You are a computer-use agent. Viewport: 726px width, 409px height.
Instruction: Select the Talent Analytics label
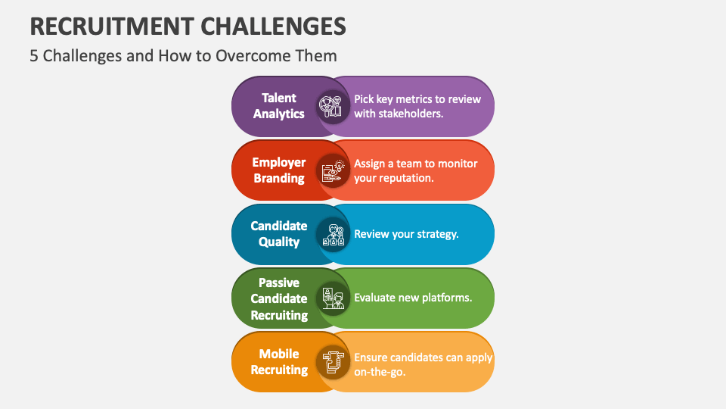click(279, 106)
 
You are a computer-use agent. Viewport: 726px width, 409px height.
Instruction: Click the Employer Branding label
click(279, 170)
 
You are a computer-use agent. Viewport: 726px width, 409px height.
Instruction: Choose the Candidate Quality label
click(279, 234)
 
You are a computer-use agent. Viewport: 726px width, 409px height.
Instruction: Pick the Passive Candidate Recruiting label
click(279, 298)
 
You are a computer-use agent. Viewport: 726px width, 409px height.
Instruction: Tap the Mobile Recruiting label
click(279, 362)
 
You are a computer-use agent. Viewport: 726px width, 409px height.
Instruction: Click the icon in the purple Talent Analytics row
click(331, 106)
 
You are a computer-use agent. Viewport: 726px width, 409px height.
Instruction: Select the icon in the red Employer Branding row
click(331, 170)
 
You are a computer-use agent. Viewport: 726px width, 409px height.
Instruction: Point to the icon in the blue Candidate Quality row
click(331, 234)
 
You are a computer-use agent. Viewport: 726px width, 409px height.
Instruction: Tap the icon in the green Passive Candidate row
click(331, 298)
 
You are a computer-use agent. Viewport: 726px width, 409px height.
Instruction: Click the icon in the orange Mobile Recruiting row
click(331, 362)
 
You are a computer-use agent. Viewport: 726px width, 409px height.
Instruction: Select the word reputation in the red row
click(405, 178)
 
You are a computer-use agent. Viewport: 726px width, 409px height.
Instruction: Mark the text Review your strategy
click(406, 234)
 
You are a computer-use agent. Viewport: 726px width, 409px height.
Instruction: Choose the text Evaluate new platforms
click(413, 298)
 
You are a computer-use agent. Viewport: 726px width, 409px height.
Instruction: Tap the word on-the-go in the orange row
click(380, 372)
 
